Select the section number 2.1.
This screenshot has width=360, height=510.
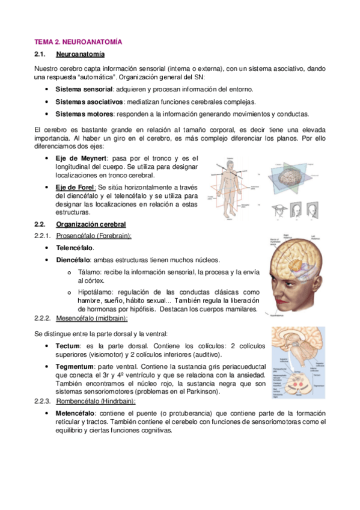point(42,55)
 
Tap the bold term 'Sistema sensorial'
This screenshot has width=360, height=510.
point(79,90)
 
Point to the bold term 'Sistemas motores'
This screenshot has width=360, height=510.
point(84,114)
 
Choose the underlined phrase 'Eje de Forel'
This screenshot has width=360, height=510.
point(78,188)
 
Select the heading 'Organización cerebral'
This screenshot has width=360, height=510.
point(91,224)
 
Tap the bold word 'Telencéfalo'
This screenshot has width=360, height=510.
point(75,248)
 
